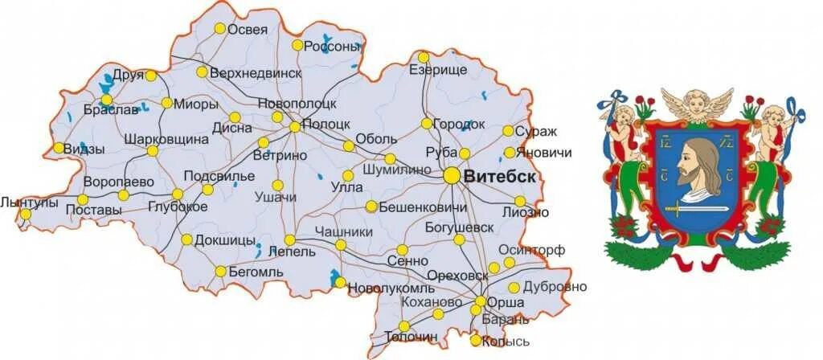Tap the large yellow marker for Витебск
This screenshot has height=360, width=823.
tap(452, 174)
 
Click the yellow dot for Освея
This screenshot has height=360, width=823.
tap(219, 28)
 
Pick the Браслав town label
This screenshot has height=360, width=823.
tap(111, 111)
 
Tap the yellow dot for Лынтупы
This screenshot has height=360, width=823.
tap(26, 214)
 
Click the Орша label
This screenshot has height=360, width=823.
tap(506, 303)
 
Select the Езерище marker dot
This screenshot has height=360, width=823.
tap(424, 57)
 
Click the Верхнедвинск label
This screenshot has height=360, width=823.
tap(255, 72)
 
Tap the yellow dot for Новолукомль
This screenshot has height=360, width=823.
tap(340, 283)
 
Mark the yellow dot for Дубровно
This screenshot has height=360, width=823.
tap(514, 288)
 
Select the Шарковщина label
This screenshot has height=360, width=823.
tap(166, 139)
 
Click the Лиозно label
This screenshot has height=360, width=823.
tap(525, 212)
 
